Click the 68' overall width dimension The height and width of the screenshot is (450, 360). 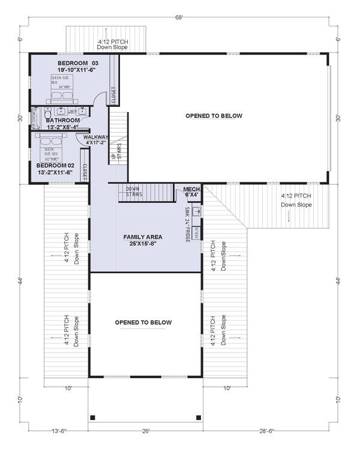(x=179, y=17)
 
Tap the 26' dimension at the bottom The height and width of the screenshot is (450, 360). (x=146, y=431)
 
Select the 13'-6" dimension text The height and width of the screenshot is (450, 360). (x=58, y=431)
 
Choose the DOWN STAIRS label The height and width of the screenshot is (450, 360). (x=133, y=191)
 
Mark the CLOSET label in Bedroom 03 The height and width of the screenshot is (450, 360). (x=113, y=96)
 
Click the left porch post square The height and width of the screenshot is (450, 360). (x=92, y=417)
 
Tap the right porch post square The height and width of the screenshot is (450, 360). (x=198, y=417)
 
